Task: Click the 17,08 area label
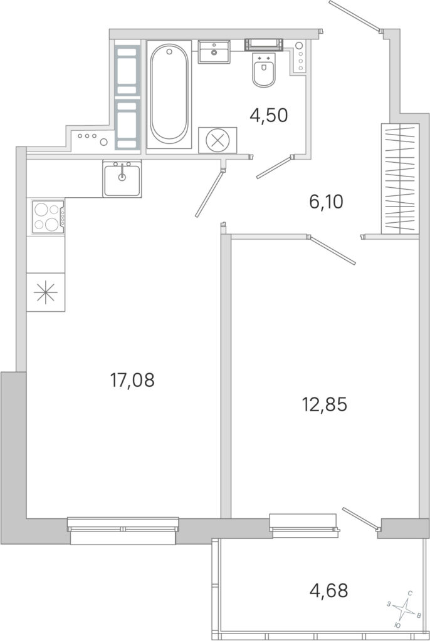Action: (132, 380)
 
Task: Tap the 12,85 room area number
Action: (324, 405)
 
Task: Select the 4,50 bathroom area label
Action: (269, 115)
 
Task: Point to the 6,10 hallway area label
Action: (326, 202)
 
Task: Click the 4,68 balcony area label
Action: (329, 590)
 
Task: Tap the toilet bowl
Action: (264, 70)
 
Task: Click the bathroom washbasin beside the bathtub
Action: (214, 51)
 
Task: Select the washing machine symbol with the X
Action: (218, 140)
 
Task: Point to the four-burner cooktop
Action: (48, 217)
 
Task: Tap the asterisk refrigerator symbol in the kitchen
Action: (46, 292)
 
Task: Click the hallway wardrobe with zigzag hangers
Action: (400, 178)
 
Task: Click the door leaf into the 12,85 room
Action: (332, 250)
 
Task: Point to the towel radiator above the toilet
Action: (264, 44)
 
